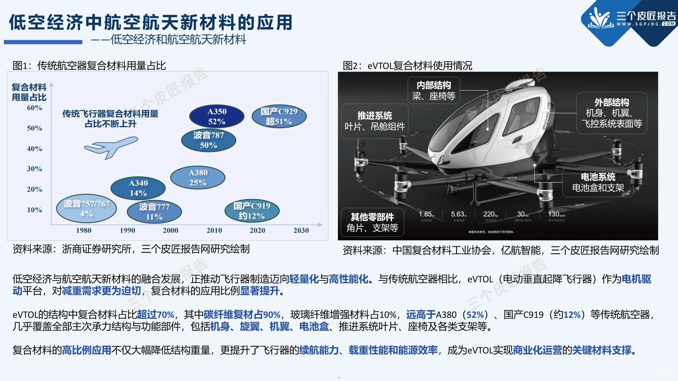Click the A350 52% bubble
(216, 116)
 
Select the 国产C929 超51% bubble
(279, 116)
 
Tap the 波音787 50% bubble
(208, 140)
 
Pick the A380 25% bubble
(198, 177)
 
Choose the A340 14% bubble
(138, 188)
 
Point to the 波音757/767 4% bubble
(86, 208)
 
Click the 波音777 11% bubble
(154, 212)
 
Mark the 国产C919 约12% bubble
(252, 211)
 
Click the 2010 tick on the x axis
(214, 230)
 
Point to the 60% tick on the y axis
(35, 108)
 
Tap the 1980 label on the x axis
(84, 230)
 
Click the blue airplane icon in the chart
(111, 147)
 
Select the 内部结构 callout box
(434, 91)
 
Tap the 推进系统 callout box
(374, 121)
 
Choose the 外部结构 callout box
(612, 113)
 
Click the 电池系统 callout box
(598, 182)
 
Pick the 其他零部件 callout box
(372, 222)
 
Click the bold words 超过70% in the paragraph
(155, 314)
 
